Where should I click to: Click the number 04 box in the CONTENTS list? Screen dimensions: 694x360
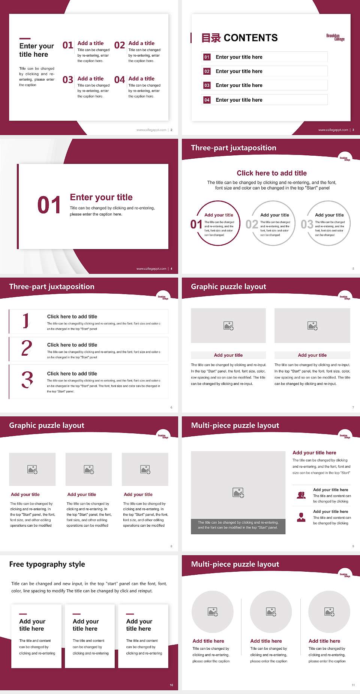(207, 100)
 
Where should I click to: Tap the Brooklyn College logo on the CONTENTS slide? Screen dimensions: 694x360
(335, 38)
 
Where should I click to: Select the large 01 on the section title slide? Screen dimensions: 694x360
(49, 205)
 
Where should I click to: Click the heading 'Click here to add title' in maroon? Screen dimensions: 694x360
(271, 173)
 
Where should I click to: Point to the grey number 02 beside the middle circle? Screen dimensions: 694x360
(252, 224)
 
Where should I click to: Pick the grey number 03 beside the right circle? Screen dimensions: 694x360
(307, 224)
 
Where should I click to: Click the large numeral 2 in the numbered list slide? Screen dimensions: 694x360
(27, 348)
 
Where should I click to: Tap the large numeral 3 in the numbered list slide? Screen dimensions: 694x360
(27, 380)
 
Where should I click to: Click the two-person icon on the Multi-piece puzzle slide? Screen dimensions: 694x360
(301, 495)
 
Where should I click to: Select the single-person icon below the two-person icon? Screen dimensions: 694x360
(301, 517)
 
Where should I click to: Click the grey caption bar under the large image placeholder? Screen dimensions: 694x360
(238, 525)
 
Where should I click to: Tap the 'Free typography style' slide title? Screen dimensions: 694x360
(47, 564)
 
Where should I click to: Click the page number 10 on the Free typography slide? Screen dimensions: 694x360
(171, 685)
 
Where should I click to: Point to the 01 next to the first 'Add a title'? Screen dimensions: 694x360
(68, 45)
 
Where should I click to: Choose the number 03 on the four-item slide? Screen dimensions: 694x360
(68, 80)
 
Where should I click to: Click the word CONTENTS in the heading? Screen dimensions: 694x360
(250, 38)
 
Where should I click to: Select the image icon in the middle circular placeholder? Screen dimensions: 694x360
(271, 612)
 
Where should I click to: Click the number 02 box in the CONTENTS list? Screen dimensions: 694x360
(207, 71)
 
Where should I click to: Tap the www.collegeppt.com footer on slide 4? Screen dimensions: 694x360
(151, 269)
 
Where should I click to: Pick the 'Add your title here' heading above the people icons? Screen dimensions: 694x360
(314, 453)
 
